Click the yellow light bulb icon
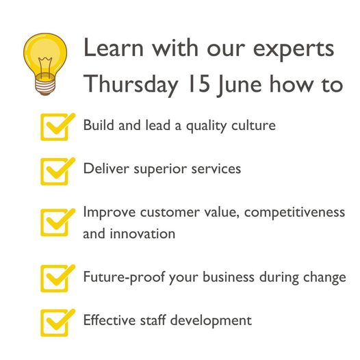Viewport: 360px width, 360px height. pyautogui.click(x=45, y=64)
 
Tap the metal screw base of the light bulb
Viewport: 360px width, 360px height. pyautogui.click(x=45, y=84)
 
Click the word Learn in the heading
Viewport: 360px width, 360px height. pyautogui.click(x=114, y=48)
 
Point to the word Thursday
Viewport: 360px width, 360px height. pyautogui.click(x=131, y=86)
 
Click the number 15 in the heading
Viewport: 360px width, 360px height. pyautogui.click(x=198, y=83)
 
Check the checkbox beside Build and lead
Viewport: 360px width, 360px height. pyautogui.click(x=57, y=127)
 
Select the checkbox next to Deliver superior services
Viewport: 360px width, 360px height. pyautogui.click(x=57, y=171)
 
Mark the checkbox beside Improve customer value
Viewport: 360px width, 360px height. pyautogui.click(x=57, y=222)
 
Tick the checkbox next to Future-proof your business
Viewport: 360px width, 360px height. pyautogui.click(x=57, y=279)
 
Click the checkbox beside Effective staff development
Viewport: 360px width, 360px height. pyautogui.click(x=57, y=323)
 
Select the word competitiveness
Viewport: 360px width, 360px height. pyautogui.click(x=294, y=213)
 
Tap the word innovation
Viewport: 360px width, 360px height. pyautogui.click(x=142, y=233)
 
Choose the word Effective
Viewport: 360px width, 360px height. pyautogui.click(x=110, y=320)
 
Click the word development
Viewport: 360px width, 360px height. pyautogui.click(x=211, y=321)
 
